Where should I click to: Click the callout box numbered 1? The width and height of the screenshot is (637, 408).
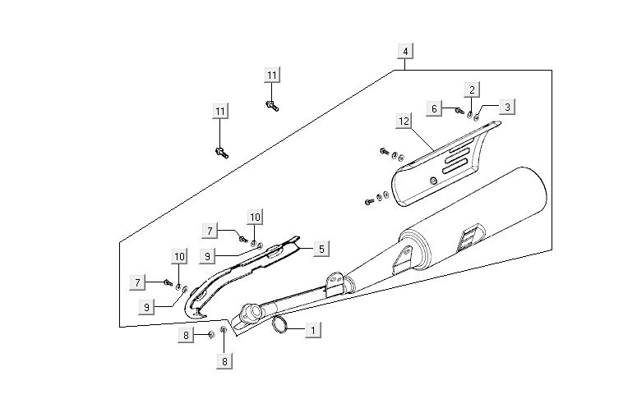[x=312, y=330]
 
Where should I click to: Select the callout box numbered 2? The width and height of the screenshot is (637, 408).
[x=472, y=89]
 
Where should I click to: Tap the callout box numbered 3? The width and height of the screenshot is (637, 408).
[x=507, y=107]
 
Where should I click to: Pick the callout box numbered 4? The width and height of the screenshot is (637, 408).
[x=404, y=52]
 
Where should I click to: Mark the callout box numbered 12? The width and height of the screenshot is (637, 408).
[x=404, y=121]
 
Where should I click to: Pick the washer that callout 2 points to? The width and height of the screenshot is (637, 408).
[x=469, y=113]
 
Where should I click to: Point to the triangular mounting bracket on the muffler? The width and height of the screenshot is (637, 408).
[x=400, y=261]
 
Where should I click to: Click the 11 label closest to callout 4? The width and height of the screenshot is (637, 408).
[x=273, y=76]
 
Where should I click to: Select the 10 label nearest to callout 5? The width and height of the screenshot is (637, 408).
[x=255, y=217]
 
